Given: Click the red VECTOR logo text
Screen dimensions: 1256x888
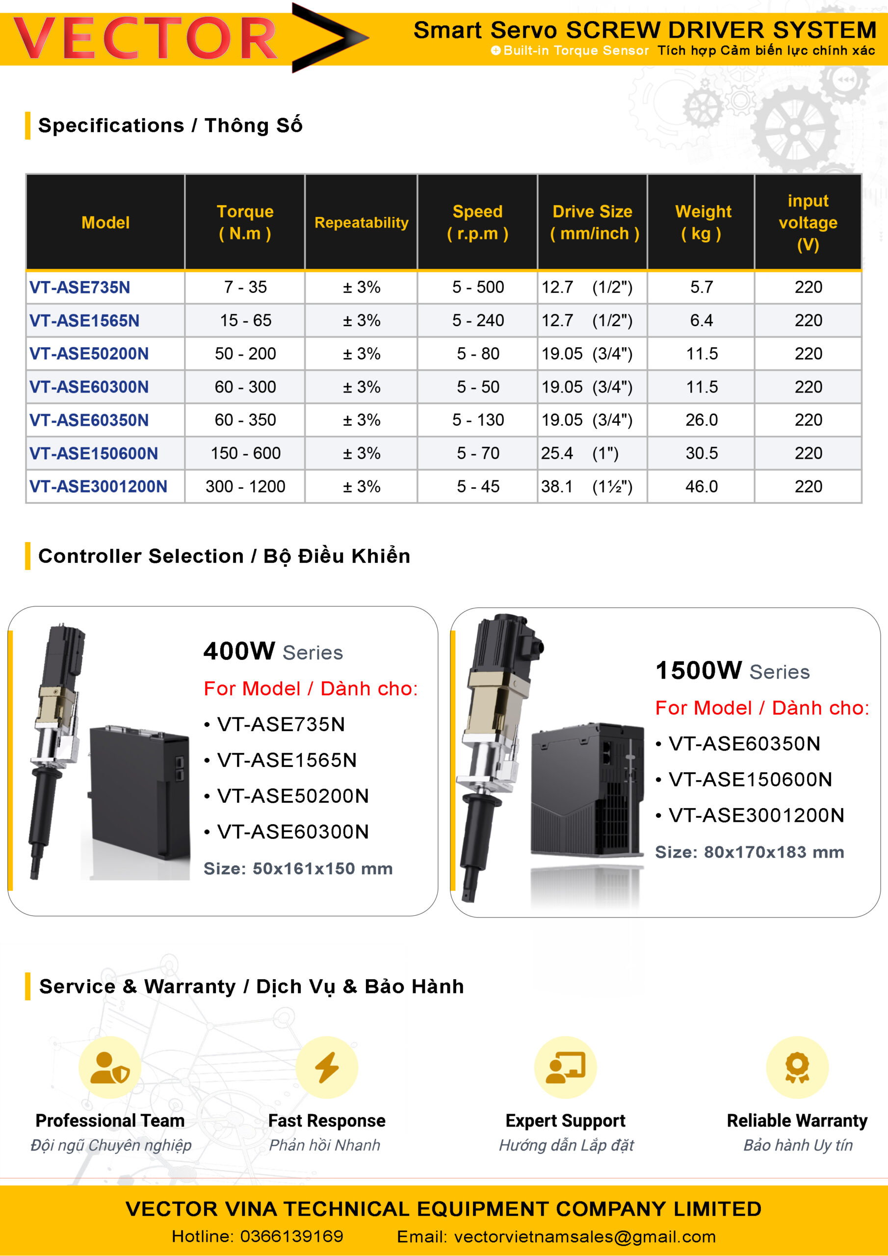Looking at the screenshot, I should pyautogui.click(x=145, y=38).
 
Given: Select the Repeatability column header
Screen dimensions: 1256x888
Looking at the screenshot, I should pyautogui.click(x=361, y=223).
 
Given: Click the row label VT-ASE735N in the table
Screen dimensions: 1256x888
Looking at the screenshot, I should pyautogui.click(x=80, y=287).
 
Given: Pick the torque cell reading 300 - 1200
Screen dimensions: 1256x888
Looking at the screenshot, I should pyautogui.click(x=245, y=486).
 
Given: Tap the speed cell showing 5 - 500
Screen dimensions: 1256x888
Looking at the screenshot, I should pyautogui.click(x=478, y=287).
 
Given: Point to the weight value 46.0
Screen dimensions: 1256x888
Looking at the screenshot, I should pyautogui.click(x=702, y=486).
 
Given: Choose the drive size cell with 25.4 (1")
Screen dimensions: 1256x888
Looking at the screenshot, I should pyautogui.click(x=580, y=453).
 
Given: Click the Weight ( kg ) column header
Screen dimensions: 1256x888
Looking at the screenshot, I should pyautogui.click(x=703, y=222).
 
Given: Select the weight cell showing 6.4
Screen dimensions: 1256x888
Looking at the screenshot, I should pyautogui.click(x=702, y=320).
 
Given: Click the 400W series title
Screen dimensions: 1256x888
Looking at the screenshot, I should pyautogui.click(x=273, y=652).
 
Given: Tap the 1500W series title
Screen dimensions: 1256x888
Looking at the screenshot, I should pyautogui.click(x=732, y=671).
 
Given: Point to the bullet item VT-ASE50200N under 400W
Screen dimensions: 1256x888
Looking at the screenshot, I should pyautogui.click(x=293, y=796).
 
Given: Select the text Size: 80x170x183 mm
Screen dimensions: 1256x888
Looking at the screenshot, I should pyautogui.click(x=750, y=852).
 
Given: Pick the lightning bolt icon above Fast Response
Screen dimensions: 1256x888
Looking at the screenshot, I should pyautogui.click(x=327, y=1067).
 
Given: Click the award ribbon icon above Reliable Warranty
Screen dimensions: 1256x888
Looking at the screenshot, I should pyautogui.click(x=797, y=1067).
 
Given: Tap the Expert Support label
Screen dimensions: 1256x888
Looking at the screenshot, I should pyautogui.click(x=565, y=1120).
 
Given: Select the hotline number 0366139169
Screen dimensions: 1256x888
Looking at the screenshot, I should pyautogui.click(x=291, y=1236).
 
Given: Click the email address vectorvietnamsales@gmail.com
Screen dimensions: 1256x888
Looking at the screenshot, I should pyautogui.click(x=584, y=1236).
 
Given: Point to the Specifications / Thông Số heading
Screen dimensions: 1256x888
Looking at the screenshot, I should pyautogui.click(x=170, y=125).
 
